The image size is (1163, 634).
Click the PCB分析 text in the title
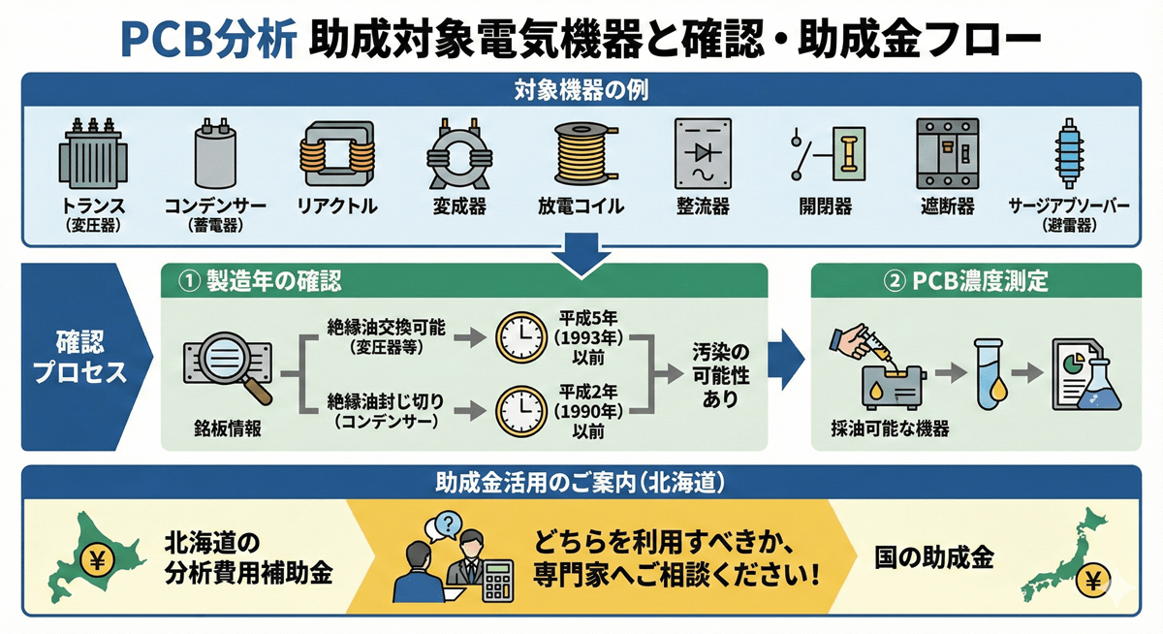click(x=205, y=40)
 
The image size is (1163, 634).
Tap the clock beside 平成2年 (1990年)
click(x=520, y=414)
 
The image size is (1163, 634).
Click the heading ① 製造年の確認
click(x=261, y=281)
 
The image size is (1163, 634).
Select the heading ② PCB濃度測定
click(x=968, y=281)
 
